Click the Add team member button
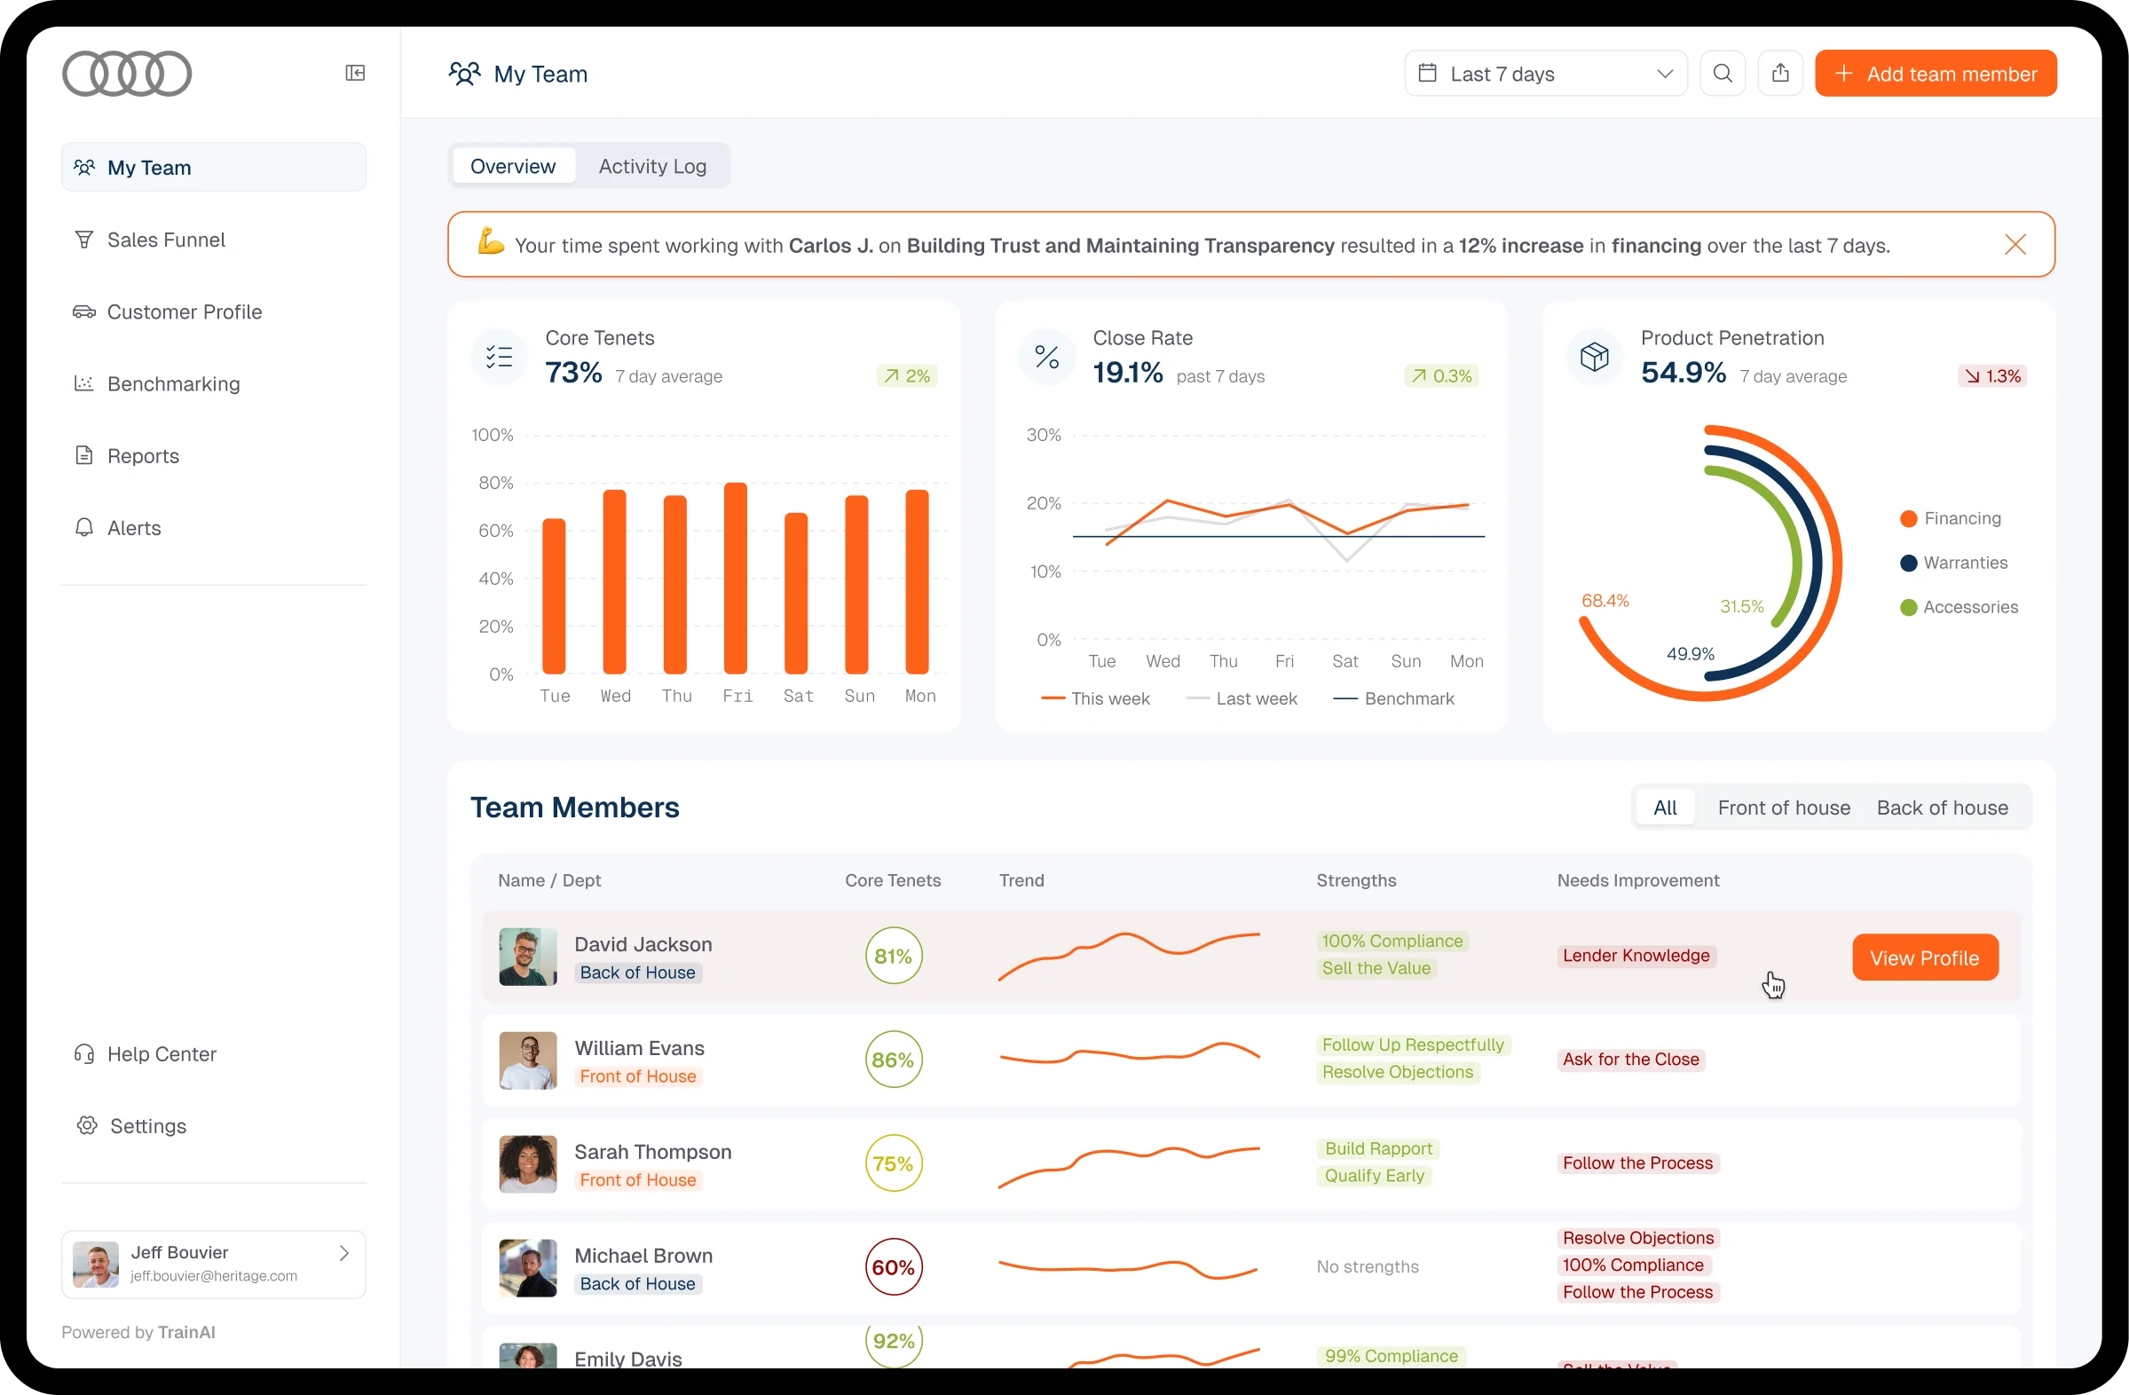[1935, 74]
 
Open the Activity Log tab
[652, 166]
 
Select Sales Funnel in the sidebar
[165, 240]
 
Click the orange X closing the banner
[2015, 245]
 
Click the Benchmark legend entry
[1408, 698]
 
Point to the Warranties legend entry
[1965, 563]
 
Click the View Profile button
[1924, 958]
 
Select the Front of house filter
[1783, 808]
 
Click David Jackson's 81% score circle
[893, 956]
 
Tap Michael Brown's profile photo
[528, 1267]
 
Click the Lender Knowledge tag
[1636, 955]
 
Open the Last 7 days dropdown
[1545, 74]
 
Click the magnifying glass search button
[1722, 74]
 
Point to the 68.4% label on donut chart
[1605, 601]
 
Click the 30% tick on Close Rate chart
[1043, 436]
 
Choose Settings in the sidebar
[147, 1126]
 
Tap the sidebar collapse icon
[355, 74]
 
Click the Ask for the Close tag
[1630, 1059]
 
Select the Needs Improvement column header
[1637, 880]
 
